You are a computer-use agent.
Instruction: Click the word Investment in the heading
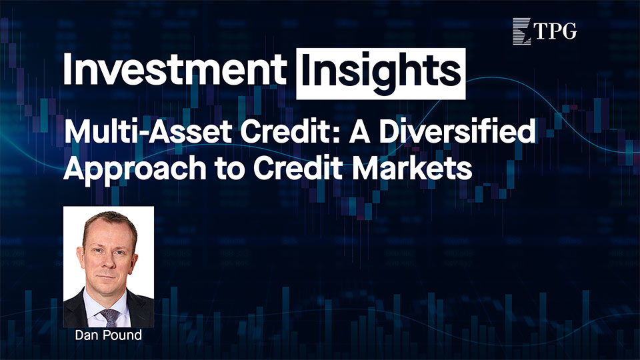(175, 69)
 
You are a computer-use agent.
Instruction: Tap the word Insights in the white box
(381, 71)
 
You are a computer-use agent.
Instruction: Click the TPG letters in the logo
(555, 31)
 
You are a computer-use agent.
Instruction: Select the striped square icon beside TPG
(521, 31)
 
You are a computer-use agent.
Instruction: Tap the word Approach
(135, 168)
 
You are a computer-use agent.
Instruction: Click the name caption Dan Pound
(109, 335)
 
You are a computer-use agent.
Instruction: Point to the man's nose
(107, 261)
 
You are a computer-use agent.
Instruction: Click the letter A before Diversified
(359, 132)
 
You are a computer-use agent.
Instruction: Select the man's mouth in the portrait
(107, 276)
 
